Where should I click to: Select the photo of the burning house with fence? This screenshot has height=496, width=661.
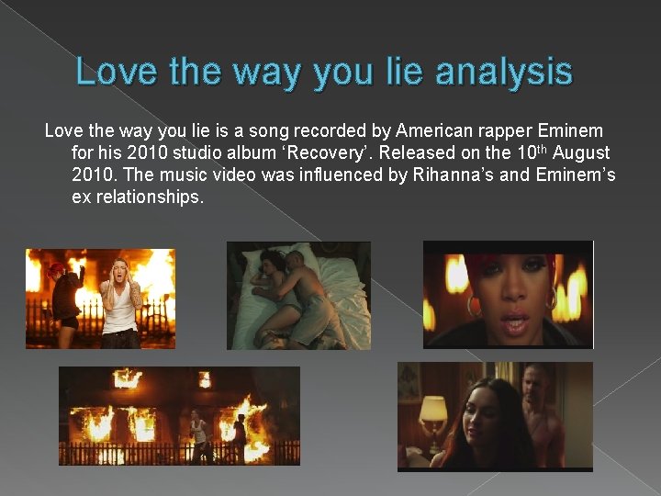(x=179, y=415)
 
